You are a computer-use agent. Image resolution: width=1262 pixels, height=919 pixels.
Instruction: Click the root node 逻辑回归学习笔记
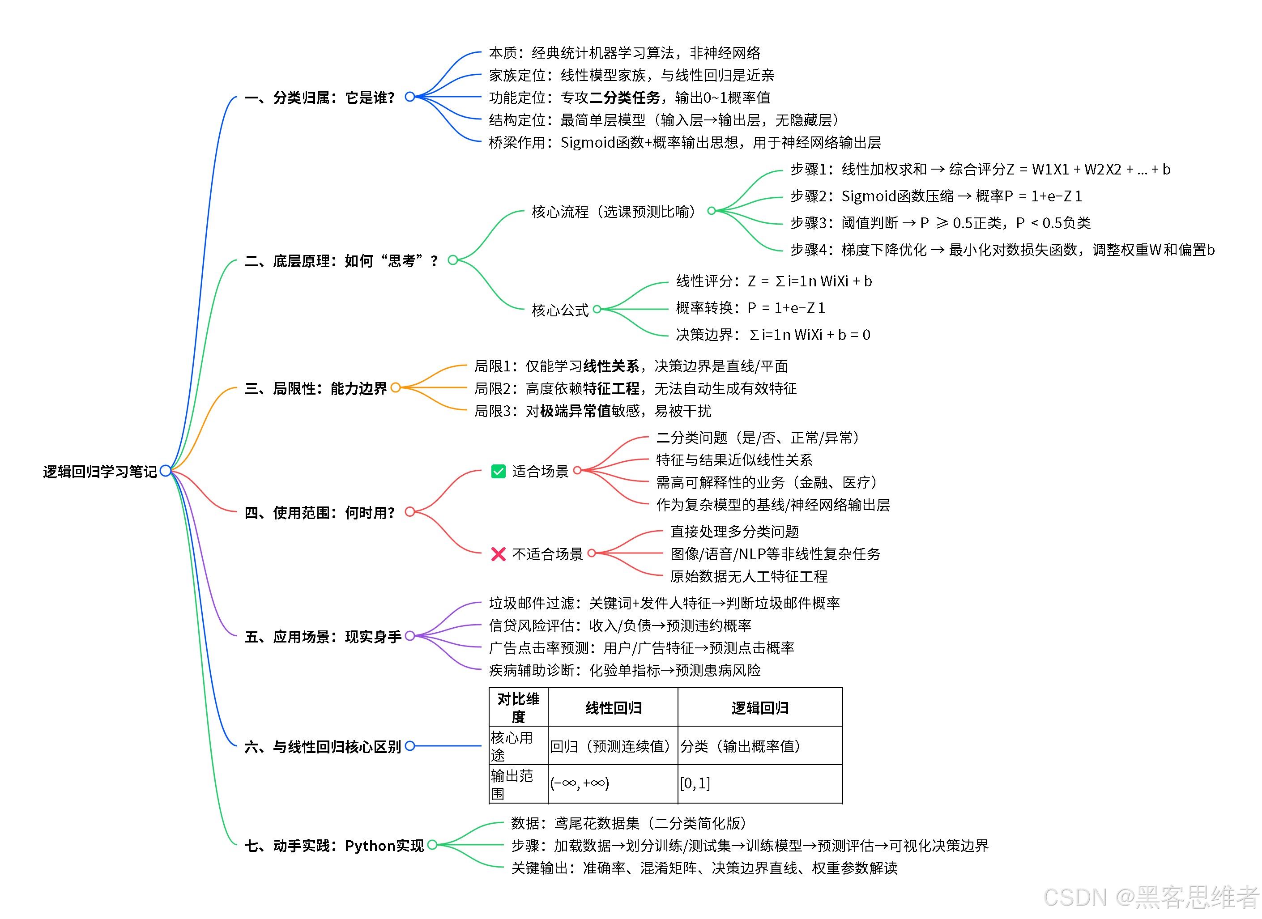pyautogui.click(x=100, y=472)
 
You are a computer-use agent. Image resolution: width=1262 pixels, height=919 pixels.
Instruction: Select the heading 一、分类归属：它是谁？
pyautogui.click(x=320, y=98)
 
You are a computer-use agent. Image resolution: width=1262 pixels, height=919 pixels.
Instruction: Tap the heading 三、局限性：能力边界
pyautogui.click(x=315, y=388)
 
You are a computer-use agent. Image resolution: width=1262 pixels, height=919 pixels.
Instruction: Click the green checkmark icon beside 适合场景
pyautogui.click(x=498, y=471)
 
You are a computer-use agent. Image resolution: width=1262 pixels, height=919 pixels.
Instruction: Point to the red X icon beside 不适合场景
pyautogui.click(x=498, y=554)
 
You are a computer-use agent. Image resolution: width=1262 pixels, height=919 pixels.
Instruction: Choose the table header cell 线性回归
pyautogui.click(x=613, y=708)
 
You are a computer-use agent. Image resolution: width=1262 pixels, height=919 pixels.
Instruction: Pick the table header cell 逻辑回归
pyautogui.click(x=759, y=708)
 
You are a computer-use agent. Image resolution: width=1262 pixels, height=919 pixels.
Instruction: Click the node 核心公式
pyautogui.click(x=560, y=310)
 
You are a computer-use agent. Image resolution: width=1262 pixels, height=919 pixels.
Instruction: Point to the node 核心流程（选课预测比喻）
pyautogui.click(x=613, y=212)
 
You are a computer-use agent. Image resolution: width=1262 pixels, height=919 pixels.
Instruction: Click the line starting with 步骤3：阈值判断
pyautogui.click(x=940, y=223)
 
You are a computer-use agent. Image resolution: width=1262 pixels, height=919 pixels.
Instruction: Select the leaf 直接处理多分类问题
pyautogui.click(x=734, y=532)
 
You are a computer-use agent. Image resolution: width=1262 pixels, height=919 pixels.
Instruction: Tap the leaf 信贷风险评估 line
pyautogui.click(x=620, y=626)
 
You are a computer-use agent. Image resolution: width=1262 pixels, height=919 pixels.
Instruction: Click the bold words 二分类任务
pyautogui.click(x=624, y=98)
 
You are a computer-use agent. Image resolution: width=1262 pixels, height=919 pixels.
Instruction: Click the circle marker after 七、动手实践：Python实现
pyautogui.click(x=432, y=845)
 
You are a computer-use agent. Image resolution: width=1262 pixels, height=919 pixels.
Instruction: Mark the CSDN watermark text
pyautogui.click(x=1150, y=897)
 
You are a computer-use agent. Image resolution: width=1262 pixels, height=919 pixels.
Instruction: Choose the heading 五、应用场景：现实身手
pyautogui.click(x=323, y=637)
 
